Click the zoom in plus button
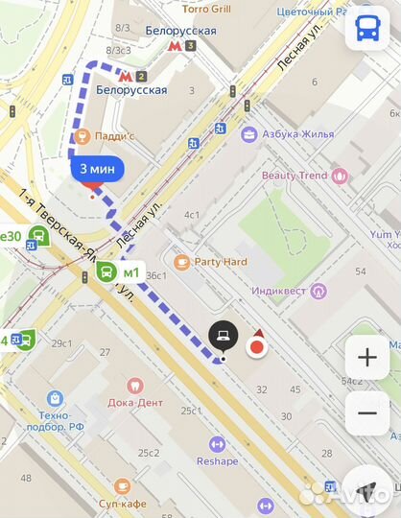(x=367, y=358)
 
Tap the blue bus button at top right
(x=367, y=28)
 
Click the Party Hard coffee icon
(x=181, y=261)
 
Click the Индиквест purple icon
(x=319, y=291)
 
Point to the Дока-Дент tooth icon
(x=134, y=384)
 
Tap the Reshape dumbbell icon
(x=217, y=443)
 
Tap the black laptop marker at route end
(x=223, y=336)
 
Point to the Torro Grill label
(x=207, y=9)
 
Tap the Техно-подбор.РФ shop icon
(x=54, y=397)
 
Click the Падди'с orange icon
(x=83, y=135)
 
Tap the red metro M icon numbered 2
(x=125, y=74)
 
